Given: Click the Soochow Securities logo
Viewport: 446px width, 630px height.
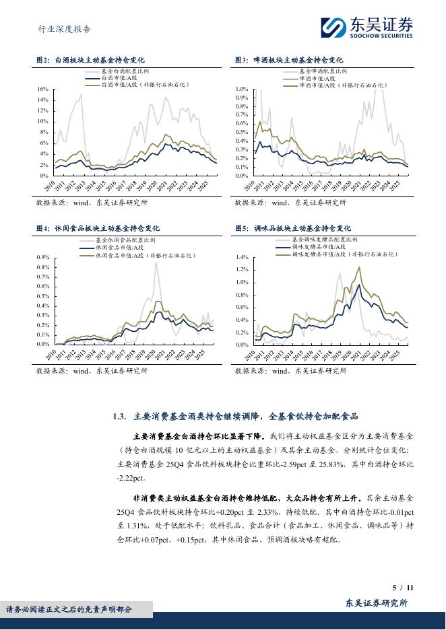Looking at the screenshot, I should (x=367, y=28).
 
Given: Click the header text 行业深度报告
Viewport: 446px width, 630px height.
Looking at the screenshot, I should (x=63, y=29).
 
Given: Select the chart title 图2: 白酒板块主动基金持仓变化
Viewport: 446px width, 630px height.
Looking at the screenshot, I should (x=90, y=61).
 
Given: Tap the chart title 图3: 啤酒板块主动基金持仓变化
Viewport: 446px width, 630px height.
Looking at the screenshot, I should (x=288, y=61).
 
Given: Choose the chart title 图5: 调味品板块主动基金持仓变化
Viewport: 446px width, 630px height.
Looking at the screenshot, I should (x=292, y=229).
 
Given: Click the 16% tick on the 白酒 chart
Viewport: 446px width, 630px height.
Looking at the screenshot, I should (x=42, y=89).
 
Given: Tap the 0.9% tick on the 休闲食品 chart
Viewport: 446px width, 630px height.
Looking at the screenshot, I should (x=42, y=258).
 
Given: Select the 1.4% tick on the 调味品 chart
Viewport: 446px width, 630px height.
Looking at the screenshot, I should (x=243, y=258).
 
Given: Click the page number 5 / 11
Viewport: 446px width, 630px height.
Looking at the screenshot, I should (x=402, y=588).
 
